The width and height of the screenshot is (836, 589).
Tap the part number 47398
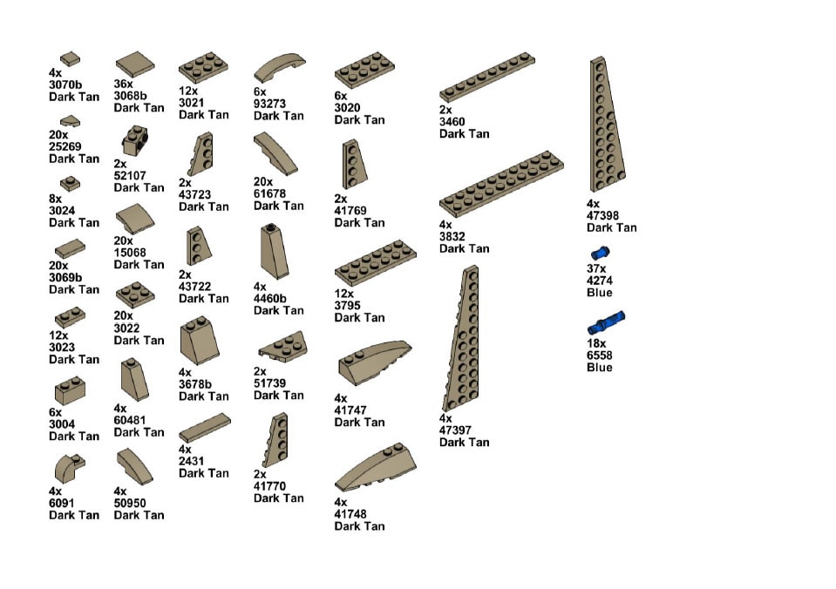pyautogui.click(x=605, y=216)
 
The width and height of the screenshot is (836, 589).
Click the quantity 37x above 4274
pyautogui.click(x=596, y=269)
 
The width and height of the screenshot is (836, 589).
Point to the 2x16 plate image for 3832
pyautogui.click(x=500, y=185)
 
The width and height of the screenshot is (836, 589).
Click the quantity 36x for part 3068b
pyautogui.click(x=124, y=85)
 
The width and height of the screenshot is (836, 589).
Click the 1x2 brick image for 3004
pyautogui.click(x=70, y=390)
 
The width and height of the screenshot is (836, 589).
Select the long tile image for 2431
pyautogui.click(x=205, y=429)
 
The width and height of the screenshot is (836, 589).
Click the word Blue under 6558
pyautogui.click(x=599, y=367)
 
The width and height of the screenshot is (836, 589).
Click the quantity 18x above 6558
pyautogui.click(x=596, y=344)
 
